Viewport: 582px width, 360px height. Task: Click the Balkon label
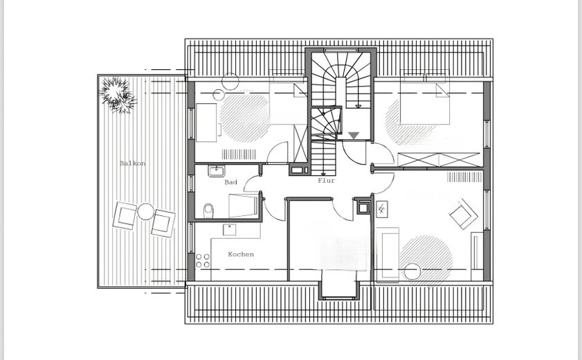132,163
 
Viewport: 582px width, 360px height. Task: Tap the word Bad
230,182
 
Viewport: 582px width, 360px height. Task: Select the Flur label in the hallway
326,181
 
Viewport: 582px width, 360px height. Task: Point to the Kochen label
241,254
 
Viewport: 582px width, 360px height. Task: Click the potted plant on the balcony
118,95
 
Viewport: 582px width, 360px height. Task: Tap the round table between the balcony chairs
145,212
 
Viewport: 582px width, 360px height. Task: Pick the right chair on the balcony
163,223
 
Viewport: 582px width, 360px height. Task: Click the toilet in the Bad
208,210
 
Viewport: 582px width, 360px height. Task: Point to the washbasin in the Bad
216,171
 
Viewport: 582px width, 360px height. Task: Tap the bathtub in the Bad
243,206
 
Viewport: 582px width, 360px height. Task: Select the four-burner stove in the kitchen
202,260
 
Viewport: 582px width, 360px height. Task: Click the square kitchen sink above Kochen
229,229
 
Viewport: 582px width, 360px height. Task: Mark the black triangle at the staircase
354,136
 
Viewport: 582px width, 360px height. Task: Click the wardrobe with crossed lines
439,160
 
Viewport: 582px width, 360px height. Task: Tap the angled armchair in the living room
463,215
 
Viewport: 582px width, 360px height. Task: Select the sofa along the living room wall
388,253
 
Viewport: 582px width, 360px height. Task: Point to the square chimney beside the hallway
363,207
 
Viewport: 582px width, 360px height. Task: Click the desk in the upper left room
206,123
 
